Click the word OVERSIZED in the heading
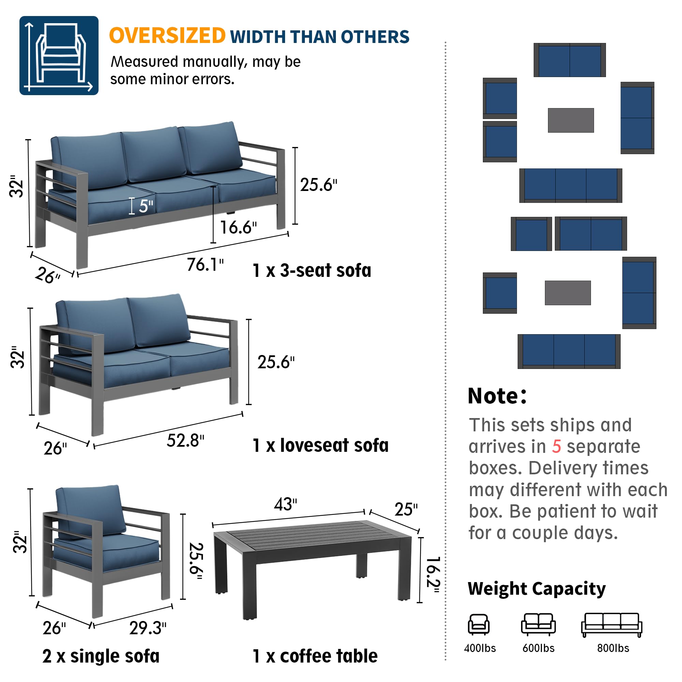click(167, 36)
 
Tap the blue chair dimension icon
click(59, 56)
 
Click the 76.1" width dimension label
click(205, 265)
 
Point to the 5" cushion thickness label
click(146, 206)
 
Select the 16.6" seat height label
click(238, 228)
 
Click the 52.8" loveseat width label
click(185, 441)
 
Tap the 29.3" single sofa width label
click(148, 628)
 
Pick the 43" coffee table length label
click(285, 504)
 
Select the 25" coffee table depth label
click(406, 509)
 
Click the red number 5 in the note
click(556, 447)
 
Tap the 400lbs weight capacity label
click(480, 648)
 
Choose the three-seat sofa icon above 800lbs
click(611, 625)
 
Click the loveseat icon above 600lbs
click(538, 624)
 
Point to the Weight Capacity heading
click(536, 589)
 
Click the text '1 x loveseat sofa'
click(321, 445)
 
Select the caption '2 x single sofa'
click(101, 656)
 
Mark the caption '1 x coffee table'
click(315, 656)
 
